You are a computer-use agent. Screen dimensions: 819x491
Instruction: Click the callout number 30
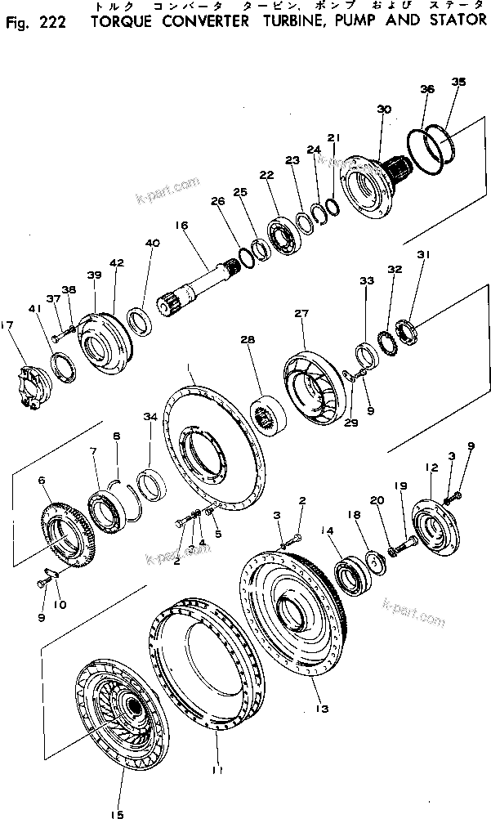pos(384,110)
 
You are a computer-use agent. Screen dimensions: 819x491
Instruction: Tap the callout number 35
pos(458,82)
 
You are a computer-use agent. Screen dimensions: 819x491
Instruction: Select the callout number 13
pos(324,709)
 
